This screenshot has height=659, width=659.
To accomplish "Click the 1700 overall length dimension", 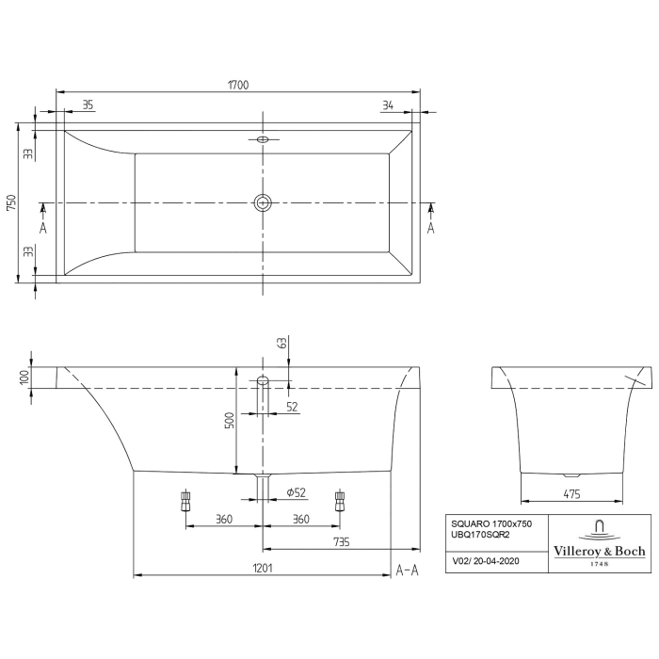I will coord(237,85).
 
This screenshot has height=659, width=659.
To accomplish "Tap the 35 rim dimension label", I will coord(88,105).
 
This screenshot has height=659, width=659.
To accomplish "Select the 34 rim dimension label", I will coord(388,105).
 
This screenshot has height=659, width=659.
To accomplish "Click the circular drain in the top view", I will coord(263,201).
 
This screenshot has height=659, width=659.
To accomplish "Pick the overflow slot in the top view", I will coord(263,140).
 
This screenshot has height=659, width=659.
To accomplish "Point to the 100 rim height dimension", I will coord(24,377).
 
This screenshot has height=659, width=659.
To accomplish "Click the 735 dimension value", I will coord(341,540).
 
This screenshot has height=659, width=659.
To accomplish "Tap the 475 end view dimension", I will coord(572,492).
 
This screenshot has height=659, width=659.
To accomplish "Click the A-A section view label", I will coord(407,569).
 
